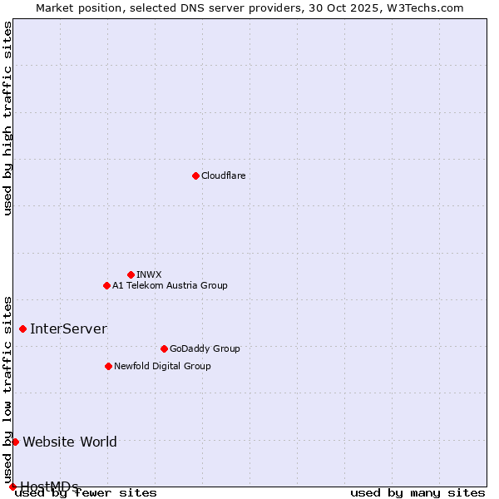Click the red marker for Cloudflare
195,175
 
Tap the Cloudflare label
223,175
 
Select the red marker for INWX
131,274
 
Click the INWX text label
149,274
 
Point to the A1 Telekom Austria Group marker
106,285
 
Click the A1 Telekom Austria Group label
170,285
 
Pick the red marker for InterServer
22,329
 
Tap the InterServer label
68,329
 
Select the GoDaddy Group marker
164,348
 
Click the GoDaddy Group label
204,348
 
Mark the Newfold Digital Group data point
108,366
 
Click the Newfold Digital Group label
162,366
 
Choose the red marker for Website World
15,442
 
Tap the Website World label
70,442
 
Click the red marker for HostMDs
12,487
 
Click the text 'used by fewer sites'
86,493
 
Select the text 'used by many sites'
417,493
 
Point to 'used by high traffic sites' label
7,118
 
